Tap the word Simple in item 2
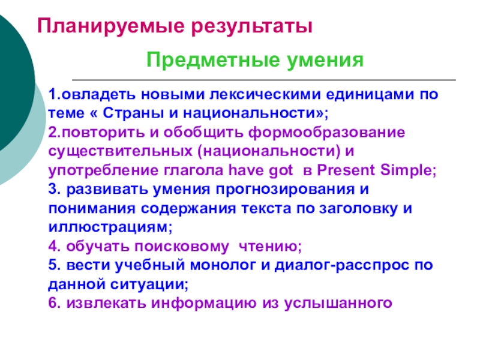pyautogui.click(x=406, y=170)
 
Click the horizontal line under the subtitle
pyautogui.click(x=264, y=80)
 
